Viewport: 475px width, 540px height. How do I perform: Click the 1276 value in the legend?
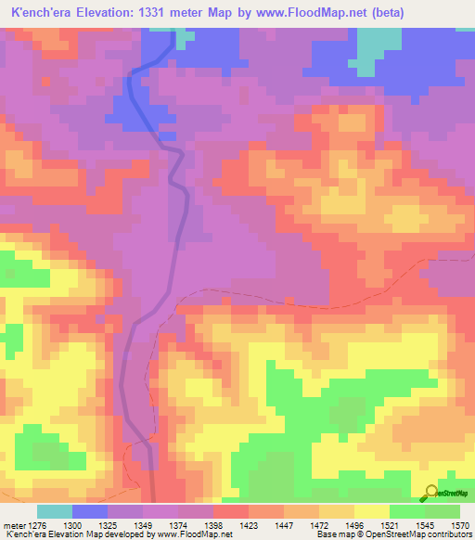(36, 524)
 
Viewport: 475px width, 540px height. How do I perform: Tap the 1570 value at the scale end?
(460, 524)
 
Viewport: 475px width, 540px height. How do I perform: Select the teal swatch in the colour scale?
(54, 511)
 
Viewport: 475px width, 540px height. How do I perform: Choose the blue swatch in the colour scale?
(90, 511)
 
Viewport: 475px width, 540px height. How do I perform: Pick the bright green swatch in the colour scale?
(406, 511)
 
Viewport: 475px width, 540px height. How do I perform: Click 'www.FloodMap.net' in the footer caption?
(196, 535)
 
